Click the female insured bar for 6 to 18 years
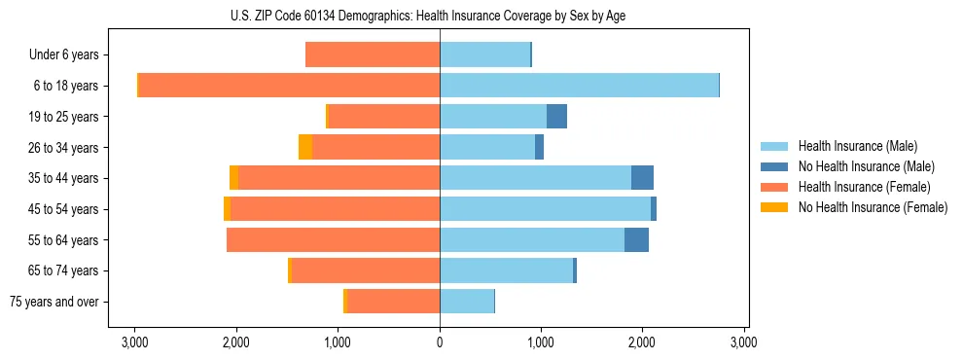pyautogui.click(x=289, y=86)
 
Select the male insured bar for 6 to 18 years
pyautogui.click(x=579, y=86)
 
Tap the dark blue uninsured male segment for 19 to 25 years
pyautogui.click(x=556, y=117)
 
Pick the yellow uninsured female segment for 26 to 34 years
pyautogui.click(x=305, y=147)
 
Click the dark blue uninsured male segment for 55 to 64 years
pyautogui.click(x=636, y=239)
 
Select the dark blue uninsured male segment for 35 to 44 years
pyautogui.click(x=642, y=178)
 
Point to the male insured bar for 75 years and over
pyautogui.click(x=467, y=302)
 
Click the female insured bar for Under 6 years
pyautogui.click(x=373, y=54)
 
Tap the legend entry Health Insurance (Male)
pyautogui.click(x=857, y=146)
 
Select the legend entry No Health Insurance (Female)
pyautogui.click(x=872, y=207)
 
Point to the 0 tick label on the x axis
pyautogui.click(x=440, y=342)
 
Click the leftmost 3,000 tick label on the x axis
pyautogui.click(x=134, y=342)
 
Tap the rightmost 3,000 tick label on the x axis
pyautogui.click(x=744, y=342)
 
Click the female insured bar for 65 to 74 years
pyautogui.click(x=366, y=270)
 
